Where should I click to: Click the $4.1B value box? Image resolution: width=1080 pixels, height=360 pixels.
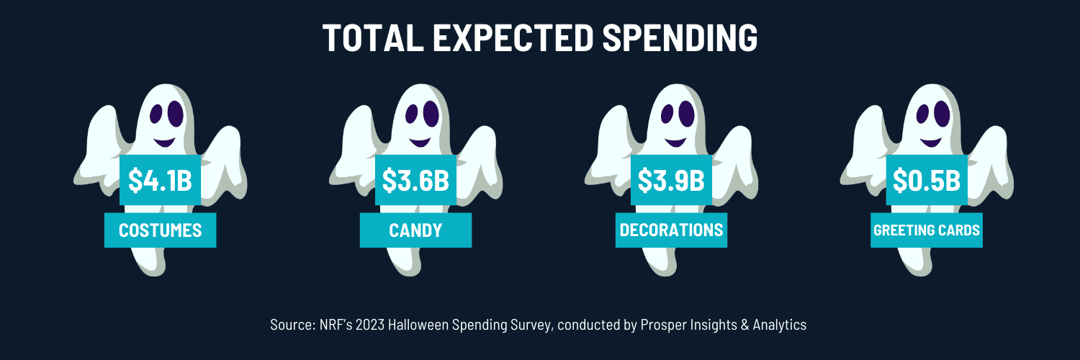pos(160,180)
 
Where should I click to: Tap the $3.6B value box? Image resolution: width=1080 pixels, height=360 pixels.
pos(415,180)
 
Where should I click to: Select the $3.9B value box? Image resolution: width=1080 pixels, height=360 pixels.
pos(671,180)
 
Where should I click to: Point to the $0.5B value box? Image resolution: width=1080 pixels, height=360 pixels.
pos(927,180)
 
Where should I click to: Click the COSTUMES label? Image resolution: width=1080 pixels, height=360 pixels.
pos(160,230)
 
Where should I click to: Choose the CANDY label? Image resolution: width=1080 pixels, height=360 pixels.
pos(415,230)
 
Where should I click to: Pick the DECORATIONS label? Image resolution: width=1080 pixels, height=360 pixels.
pos(671,230)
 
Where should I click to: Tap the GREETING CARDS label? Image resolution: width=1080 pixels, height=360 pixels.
pos(927,230)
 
